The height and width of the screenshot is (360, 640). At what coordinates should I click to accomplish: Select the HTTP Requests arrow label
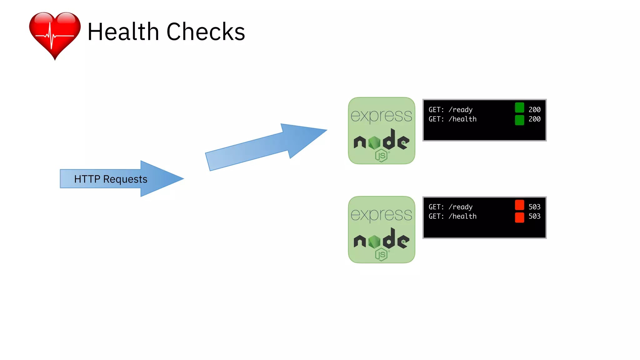[x=111, y=179]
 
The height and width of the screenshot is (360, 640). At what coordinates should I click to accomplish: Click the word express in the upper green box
[x=381, y=116]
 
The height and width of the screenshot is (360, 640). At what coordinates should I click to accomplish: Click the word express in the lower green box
[x=381, y=215]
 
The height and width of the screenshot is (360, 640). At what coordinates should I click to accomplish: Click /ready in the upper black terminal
[x=460, y=110]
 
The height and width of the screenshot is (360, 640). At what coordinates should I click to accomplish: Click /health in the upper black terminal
[x=462, y=119]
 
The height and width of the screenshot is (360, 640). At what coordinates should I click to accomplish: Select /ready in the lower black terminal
[x=460, y=207]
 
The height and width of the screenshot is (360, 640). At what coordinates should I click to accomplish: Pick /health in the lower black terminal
[x=462, y=216]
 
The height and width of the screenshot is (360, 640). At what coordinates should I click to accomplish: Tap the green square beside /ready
[x=519, y=108]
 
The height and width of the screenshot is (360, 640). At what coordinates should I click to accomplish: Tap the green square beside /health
[x=519, y=120]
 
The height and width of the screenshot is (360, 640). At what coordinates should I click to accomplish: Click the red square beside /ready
[x=519, y=205]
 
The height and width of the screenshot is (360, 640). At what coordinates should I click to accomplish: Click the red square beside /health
[x=519, y=217]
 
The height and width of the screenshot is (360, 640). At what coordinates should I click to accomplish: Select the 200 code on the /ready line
[x=534, y=110]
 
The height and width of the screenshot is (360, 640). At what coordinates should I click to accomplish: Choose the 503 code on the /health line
[x=534, y=216]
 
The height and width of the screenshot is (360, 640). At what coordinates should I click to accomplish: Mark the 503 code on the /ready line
[x=534, y=207]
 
